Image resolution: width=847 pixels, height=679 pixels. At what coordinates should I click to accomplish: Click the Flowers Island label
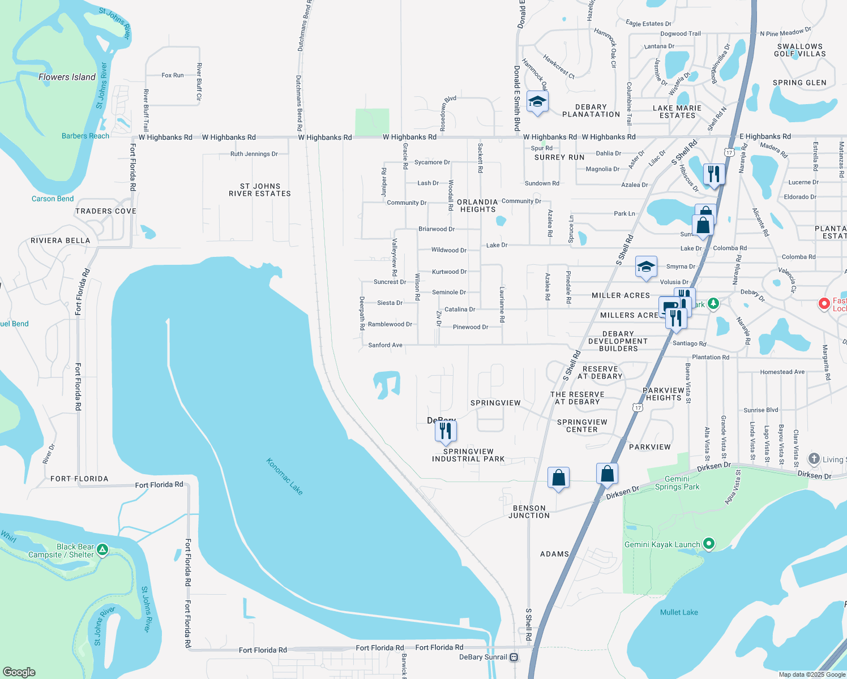pos(67,77)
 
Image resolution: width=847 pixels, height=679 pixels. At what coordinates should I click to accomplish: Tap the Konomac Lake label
pos(284,476)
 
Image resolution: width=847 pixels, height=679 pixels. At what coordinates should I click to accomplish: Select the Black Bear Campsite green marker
pos(102,549)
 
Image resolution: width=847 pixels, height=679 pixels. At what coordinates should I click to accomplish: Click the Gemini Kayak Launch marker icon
pos(708,544)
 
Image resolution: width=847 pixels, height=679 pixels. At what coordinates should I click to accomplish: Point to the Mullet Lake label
pos(679,612)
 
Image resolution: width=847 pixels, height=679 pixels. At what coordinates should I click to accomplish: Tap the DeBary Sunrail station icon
pos(514,657)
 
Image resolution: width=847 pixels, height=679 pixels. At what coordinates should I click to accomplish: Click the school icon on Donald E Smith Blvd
pos(537,102)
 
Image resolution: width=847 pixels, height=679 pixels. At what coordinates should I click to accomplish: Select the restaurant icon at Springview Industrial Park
pos(446,431)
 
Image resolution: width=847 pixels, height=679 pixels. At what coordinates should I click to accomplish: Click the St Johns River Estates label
pos(260,190)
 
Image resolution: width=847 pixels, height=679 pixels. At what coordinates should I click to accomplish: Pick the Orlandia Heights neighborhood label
pos(477,205)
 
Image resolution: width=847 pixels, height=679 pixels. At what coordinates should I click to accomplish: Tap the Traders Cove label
pos(106,211)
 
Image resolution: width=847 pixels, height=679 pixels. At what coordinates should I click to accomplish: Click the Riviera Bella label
pos(61,240)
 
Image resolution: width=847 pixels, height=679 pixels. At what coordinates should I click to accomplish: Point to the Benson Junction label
pos(529,512)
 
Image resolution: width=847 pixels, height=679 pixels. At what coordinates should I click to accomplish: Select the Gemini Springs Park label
pos(677,483)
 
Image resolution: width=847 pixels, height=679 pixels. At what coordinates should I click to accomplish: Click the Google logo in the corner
pos(19,672)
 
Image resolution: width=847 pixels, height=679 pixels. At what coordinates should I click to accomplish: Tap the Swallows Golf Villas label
pos(799,50)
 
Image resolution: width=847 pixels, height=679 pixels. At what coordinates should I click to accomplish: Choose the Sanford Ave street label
pos(385,345)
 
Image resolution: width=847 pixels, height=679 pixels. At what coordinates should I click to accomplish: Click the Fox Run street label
pos(172,75)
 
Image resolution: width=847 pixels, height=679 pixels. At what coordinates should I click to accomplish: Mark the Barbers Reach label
pos(85,136)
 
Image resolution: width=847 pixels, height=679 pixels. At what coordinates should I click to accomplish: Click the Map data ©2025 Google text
pos(811,674)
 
